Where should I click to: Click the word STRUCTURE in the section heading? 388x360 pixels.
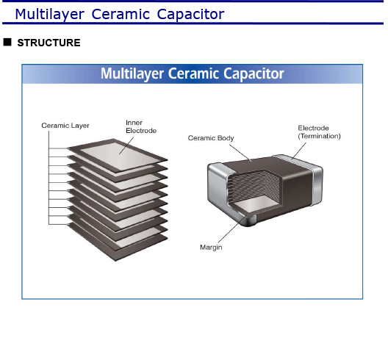(x=48, y=43)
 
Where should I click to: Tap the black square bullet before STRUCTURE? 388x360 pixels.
(x=7, y=42)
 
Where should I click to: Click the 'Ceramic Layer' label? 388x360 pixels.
(x=65, y=126)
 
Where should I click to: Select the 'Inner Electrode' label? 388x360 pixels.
(x=141, y=126)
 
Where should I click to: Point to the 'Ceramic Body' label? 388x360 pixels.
(x=211, y=138)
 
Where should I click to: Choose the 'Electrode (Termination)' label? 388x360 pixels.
(x=319, y=132)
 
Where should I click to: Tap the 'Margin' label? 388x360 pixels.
(x=211, y=247)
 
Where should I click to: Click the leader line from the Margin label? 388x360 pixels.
(x=233, y=229)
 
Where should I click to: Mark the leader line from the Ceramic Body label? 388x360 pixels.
(x=240, y=153)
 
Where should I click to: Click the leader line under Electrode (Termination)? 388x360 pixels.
(x=298, y=151)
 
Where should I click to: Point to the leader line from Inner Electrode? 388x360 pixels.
(x=126, y=146)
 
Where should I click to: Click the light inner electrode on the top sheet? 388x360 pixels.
(x=119, y=156)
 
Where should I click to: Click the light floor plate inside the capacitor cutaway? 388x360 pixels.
(x=256, y=204)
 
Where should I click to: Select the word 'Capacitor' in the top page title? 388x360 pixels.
(x=190, y=14)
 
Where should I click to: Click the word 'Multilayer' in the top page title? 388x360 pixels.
(x=50, y=14)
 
